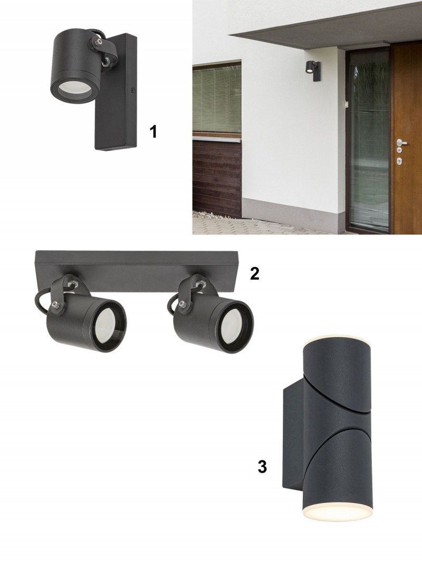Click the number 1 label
coord(154,132)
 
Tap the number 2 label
coord(254,274)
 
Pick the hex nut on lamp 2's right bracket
coord(199,281)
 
